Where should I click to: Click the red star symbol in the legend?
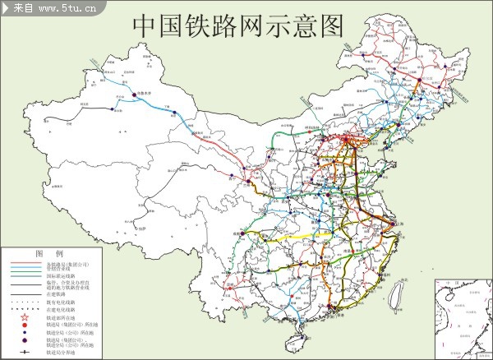[x=25, y=318]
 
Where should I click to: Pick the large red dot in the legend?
[x=25, y=325]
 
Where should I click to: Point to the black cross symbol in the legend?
[x=25, y=352]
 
